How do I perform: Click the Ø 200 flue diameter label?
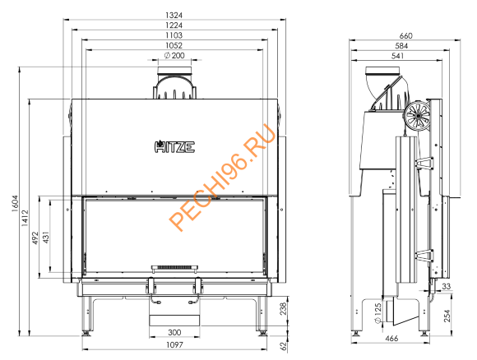click(174, 56)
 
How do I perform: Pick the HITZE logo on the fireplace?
click(174, 149)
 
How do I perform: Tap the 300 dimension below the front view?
click(174, 331)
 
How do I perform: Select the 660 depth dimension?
click(405, 35)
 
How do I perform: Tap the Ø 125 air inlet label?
click(375, 312)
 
